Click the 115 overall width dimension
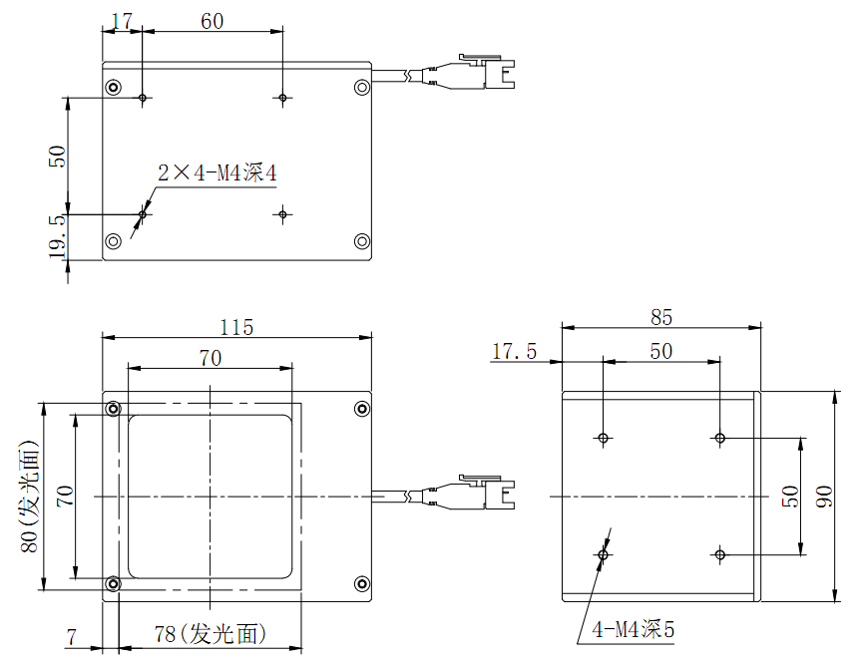click(x=237, y=327)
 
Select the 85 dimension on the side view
click(x=661, y=317)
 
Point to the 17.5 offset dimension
click(x=514, y=351)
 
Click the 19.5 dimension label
click(x=57, y=236)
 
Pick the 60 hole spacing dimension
click(x=213, y=21)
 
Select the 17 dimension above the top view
click(x=122, y=21)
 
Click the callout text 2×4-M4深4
click(x=216, y=173)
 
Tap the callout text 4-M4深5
click(x=634, y=629)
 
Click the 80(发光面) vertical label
click(x=29, y=496)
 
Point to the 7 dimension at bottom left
click(x=71, y=634)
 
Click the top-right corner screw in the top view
click(x=361, y=87)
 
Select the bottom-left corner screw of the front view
click(x=114, y=584)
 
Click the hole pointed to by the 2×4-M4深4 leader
click(x=144, y=213)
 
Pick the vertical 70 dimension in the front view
click(x=63, y=496)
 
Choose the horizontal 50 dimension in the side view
click(x=661, y=351)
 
